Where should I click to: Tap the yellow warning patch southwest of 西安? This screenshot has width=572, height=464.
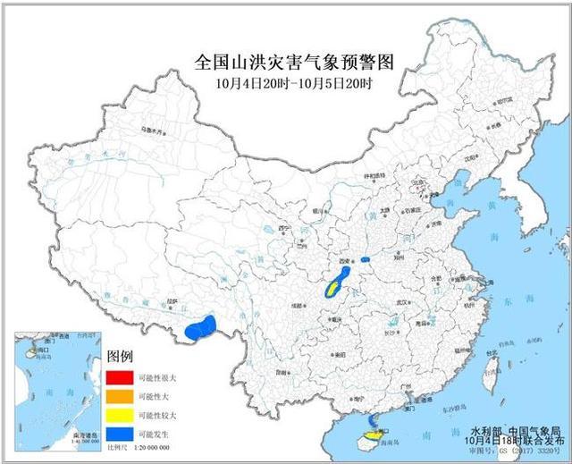coord(333,288)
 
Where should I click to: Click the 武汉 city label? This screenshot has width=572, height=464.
coord(405,303)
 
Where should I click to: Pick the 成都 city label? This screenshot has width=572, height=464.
coord(294,305)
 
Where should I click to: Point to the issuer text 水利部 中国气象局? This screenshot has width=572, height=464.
coord(509,430)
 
